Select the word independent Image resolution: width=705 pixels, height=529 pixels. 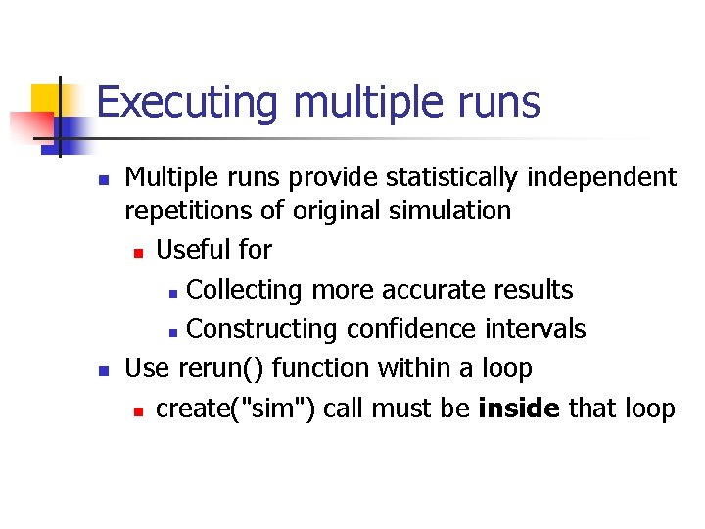pyautogui.click(x=614, y=177)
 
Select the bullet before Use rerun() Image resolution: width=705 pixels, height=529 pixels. pyautogui.click(x=103, y=371)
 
